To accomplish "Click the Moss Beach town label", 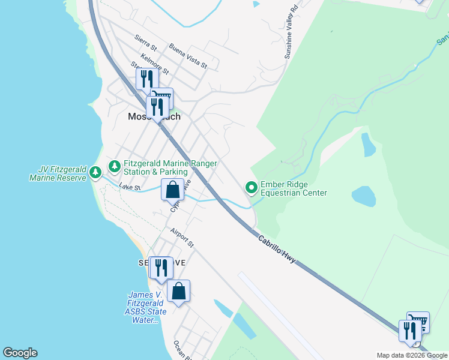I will (154, 117).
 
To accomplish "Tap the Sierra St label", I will (146, 42).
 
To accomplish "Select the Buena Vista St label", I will (187, 56).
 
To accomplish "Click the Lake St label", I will (130, 188).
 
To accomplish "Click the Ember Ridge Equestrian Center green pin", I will (251, 188).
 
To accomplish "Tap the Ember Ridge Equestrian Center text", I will (294, 189).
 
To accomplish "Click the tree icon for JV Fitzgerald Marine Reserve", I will (95, 173).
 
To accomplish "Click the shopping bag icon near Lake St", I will (172, 190).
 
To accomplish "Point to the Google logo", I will (20, 353).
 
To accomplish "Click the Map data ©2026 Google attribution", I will (412, 355).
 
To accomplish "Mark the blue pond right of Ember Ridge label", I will (363, 196).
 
